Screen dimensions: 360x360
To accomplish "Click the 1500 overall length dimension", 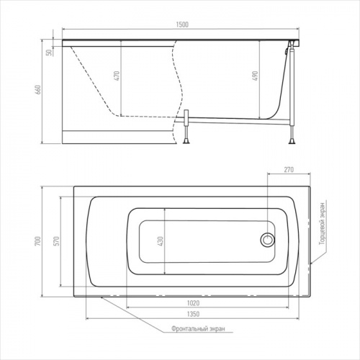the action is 182,24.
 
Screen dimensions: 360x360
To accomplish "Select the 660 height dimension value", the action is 38,89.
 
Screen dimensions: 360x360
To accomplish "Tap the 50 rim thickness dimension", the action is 49,53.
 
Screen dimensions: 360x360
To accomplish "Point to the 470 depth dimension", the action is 117,76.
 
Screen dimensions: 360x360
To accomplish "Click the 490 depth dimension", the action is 255,76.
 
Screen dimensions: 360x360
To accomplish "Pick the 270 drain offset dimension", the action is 289,170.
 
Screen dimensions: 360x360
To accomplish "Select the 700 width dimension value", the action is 38,241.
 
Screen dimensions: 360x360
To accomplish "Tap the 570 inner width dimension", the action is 56,241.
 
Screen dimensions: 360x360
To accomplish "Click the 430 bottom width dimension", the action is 161,241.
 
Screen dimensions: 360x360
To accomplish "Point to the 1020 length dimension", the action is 193,303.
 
